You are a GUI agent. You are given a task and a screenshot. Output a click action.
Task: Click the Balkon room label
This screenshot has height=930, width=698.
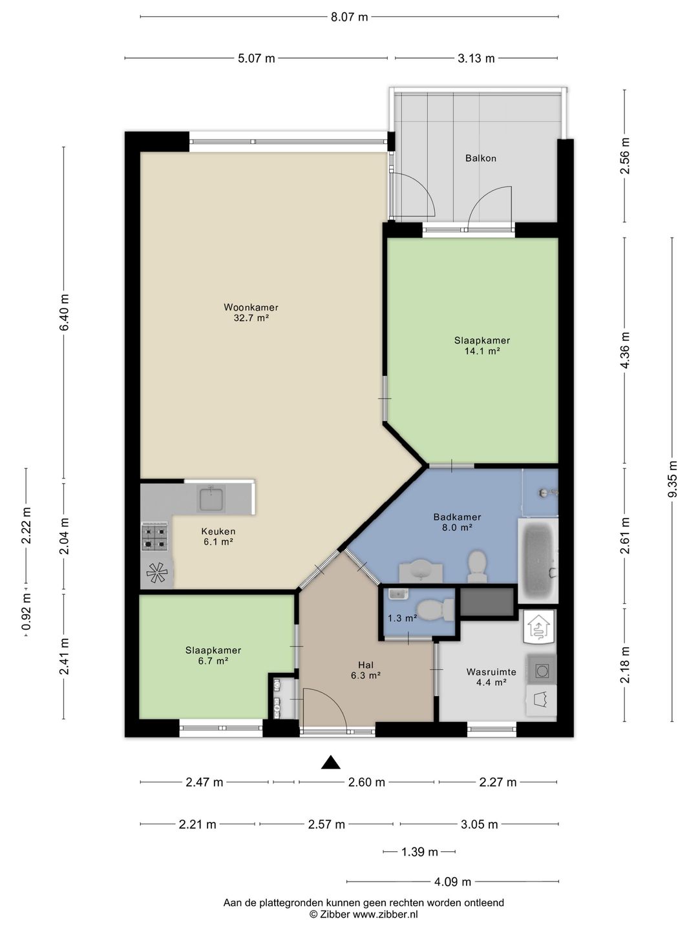481,158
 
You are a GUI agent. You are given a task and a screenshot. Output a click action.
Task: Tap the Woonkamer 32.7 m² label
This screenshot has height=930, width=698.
251,313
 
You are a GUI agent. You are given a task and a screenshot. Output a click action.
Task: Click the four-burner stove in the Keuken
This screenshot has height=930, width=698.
154,537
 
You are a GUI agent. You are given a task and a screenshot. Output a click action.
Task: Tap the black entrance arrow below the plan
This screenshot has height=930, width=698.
330,762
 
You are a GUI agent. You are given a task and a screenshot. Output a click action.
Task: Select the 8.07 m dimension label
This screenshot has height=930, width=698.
349,17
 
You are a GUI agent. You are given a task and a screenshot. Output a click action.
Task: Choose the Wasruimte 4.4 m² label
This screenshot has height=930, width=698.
491,677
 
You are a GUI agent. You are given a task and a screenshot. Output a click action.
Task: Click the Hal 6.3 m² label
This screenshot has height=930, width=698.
365,670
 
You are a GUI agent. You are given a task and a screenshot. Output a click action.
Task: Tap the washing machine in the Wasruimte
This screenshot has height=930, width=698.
541,670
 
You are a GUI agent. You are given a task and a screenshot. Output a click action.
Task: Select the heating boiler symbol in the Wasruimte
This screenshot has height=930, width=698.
540,626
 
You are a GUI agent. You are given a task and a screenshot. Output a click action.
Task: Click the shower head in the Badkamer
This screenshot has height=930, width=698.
548,493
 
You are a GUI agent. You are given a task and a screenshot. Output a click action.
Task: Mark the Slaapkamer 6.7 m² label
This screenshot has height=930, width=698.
213,656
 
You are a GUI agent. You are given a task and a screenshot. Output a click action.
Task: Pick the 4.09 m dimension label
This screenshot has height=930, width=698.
452,882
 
